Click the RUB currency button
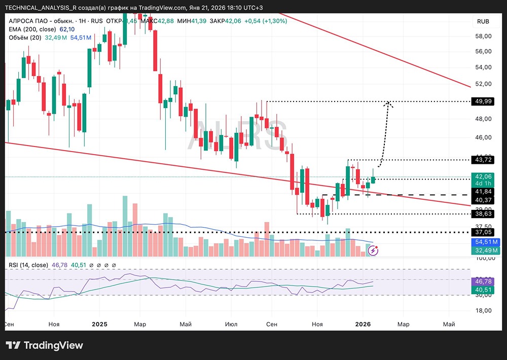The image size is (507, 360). click(x=483, y=21)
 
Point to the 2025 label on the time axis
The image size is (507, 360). click(x=99, y=323)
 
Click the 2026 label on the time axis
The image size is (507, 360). click(x=363, y=323)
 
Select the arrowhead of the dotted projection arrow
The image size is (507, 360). click(x=389, y=103)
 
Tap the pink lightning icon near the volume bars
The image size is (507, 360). click(x=374, y=250)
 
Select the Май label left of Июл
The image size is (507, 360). click(x=185, y=323)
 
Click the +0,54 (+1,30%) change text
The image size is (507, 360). click(x=266, y=21)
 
